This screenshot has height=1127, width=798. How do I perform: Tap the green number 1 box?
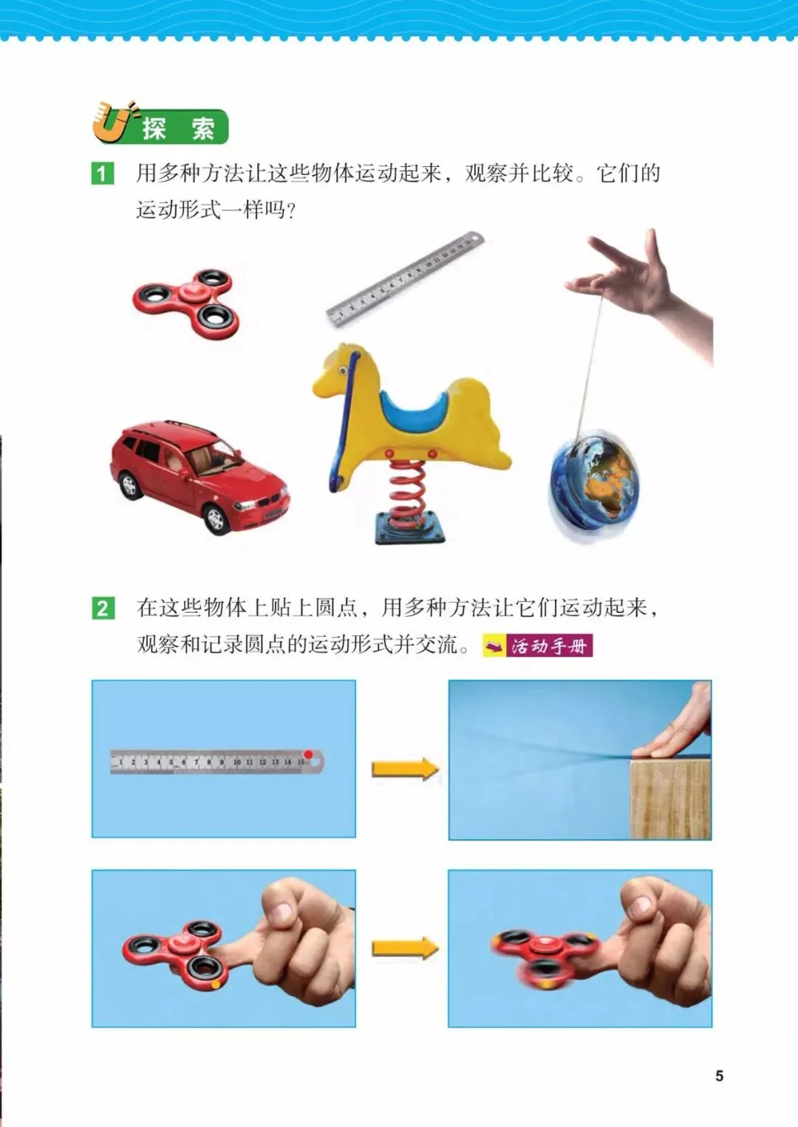[x=102, y=174]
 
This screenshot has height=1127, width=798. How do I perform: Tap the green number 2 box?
[x=103, y=609]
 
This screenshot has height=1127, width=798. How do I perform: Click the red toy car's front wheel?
[x=216, y=518]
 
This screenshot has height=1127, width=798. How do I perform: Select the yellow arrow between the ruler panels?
[x=406, y=770]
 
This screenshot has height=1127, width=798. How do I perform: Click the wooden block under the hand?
[x=671, y=798]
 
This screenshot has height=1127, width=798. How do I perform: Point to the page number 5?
[x=720, y=1076]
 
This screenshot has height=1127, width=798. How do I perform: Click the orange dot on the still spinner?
[x=216, y=984]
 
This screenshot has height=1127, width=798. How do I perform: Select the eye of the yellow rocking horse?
[x=343, y=371]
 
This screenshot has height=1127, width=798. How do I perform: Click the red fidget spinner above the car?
[x=185, y=304]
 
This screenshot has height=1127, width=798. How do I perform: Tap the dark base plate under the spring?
[x=410, y=528]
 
